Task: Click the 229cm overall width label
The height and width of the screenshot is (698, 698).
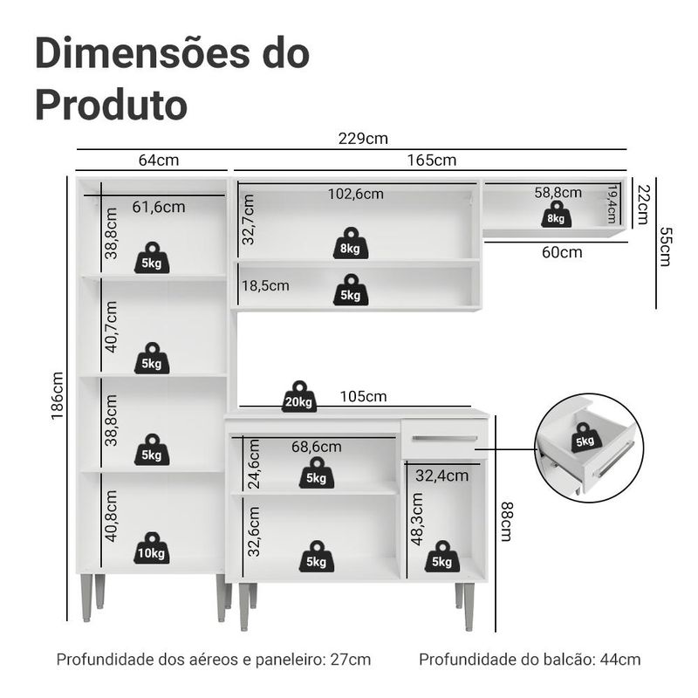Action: click(x=363, y=139)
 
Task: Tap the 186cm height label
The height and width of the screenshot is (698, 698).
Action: click(x=57, y=396)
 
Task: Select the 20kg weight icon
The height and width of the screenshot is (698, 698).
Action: click(x=299, y=396)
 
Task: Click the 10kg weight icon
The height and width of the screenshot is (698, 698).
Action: click(x=151, y=548)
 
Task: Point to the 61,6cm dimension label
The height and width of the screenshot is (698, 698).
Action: click(x=159, y=207)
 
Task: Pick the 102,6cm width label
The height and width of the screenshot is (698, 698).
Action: click(x=356, y=194)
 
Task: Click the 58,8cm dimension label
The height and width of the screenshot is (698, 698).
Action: click(x=558, y=192)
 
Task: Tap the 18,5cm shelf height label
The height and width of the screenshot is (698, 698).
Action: click(x=265, y=285)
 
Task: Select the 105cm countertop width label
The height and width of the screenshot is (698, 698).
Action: click(x=363, y=396)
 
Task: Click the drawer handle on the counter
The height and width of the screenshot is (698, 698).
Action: click(x=445, y=439)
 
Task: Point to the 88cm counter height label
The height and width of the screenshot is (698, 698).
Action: click(x=507, y=522)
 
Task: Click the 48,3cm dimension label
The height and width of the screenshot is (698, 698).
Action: click(x=417, y=519)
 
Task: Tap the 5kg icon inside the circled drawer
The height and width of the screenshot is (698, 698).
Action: click(x=585, y=438)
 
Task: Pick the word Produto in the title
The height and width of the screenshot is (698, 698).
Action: click(x=111, y=105)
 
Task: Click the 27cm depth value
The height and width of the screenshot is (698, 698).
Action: click(x=351, y=660)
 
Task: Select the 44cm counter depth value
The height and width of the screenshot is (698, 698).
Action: click(x=620, y=660)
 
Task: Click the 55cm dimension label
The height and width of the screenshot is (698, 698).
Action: click(x=665, y=247)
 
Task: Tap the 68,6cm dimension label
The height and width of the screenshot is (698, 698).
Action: click(x=317, y=447)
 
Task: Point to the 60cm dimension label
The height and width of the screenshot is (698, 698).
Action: click(x=562, y=252)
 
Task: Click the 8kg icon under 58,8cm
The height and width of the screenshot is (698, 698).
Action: click(x=556, y=214)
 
